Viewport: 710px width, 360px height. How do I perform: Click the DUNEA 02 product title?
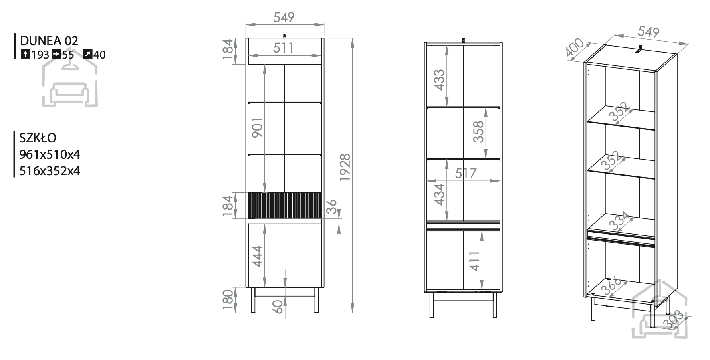pos(49,40)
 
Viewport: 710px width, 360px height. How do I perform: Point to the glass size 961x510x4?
pos(50,154)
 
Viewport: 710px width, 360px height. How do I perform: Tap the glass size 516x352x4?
pos(50,171)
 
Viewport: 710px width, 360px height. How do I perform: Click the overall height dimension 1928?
pos(345,167)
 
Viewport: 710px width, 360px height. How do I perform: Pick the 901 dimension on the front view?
pos(257,127)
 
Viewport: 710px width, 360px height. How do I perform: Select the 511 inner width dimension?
pos(284,48)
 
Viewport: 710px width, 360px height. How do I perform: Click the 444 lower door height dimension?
pos(257,255)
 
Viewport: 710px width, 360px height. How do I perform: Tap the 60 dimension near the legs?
pos(278,307)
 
